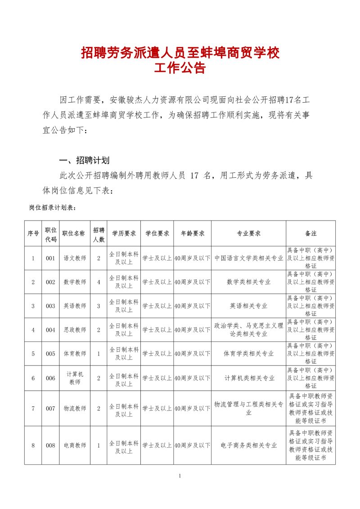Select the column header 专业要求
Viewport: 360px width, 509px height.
[x=248, y=233]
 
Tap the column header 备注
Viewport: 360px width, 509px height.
[x=310, y=233]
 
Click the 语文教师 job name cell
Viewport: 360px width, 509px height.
[x=74, y=258]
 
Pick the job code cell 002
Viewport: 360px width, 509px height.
[x=50, y=282]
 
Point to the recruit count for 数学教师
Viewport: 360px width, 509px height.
[x=99, y=282]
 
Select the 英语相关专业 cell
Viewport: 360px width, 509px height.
[x=248, y=306]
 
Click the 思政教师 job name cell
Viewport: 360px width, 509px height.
[x=74, y=330]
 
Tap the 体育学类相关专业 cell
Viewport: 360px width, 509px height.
[x=248, y=354]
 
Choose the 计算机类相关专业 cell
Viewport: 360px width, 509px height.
[x=249, y=378]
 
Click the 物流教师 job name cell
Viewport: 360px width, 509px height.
[x=74, y=409]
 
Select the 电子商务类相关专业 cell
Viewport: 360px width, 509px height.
[x=248, y=446]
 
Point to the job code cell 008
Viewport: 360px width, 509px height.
[x=50, y=446]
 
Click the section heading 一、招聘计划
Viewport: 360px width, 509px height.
[x=85, y=161]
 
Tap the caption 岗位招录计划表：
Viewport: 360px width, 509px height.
[x=53, y=208]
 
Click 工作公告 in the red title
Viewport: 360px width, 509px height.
[x=180, y=68]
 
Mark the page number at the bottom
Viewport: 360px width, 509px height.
[x=180, y=476]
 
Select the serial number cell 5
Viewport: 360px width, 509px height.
[x=33, y=354]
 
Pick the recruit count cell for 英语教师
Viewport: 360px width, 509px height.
[x=99, y=306]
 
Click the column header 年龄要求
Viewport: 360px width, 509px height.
[x=193, y=233]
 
